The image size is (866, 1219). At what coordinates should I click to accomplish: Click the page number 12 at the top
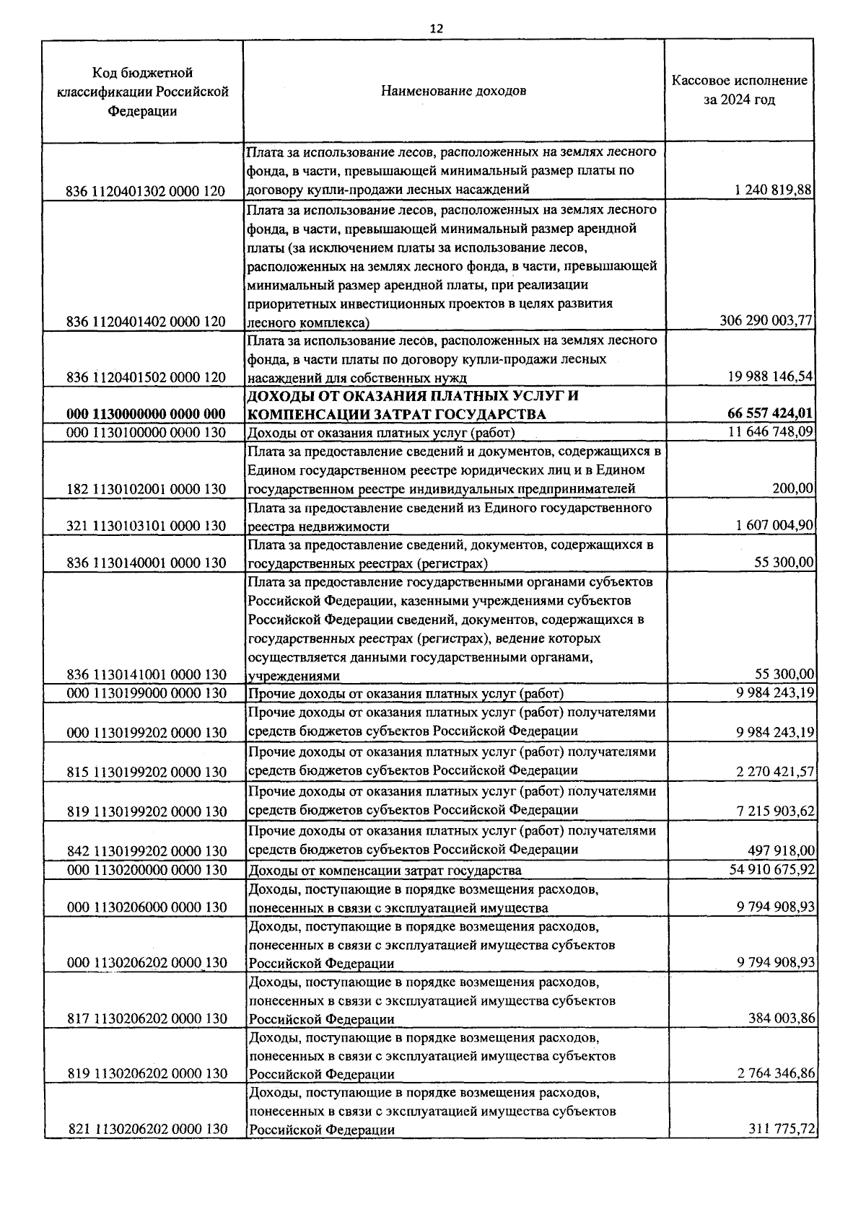pyautogui.click(x=436, y=29)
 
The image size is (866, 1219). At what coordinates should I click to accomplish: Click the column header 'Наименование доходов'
pyautogui.click(x=453, y=91)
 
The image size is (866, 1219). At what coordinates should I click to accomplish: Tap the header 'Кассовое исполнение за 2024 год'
pyautogui.click(x=739, y=90)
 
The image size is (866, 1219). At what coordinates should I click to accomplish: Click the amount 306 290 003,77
pyautogui.click(x=766, y=321)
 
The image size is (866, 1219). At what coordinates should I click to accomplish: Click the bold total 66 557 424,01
pyautogui.click(x=769, y=413)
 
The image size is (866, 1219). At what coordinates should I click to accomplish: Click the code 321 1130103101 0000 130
pyautogui.click(x=146, y=526)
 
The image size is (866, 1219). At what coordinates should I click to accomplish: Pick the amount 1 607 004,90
pyautogui.click(x=774, y=525)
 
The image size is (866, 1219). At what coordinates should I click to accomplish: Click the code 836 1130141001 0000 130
pyautogui.click(x=146, y=674)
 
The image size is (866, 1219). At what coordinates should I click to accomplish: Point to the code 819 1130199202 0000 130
pyautogui.click(x=146, y=811)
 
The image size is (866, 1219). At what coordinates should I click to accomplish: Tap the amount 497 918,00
pyautogui.click(x=781, y=850)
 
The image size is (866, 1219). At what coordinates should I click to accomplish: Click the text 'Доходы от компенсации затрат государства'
pyautogui.click(x=385, y=871)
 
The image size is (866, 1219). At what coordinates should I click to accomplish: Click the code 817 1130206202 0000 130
pyautogui.click(x=146, y=1018)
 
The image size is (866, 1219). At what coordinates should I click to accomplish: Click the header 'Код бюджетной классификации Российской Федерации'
pyautogui.click(x=142, y=92)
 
